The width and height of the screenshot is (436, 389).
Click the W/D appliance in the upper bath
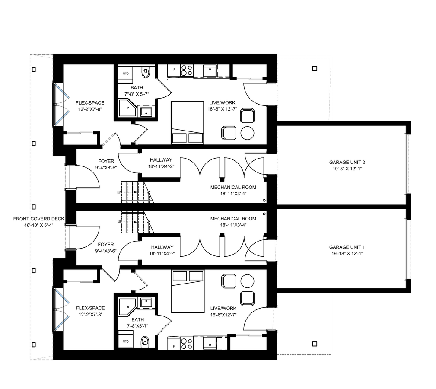click(x=126, y=74)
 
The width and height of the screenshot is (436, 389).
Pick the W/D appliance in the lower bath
click(x=126, y=339)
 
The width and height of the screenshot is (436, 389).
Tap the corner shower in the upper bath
click(x=127, y=108)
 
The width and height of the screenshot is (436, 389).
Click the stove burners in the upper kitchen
click(x=187, y=70)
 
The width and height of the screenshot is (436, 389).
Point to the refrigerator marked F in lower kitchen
click(x=174, y=343)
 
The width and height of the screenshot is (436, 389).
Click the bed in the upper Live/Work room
click(x=188, y=123)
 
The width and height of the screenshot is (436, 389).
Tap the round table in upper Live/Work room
click(x=247, y=133)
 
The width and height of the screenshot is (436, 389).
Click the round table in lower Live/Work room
click(x=247, y=281)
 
